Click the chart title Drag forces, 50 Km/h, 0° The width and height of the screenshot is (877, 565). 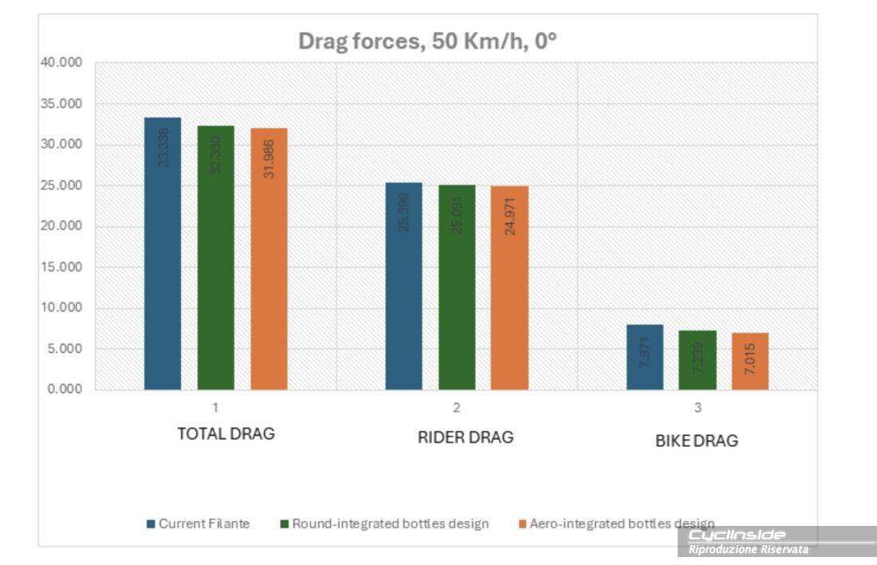[427, 41]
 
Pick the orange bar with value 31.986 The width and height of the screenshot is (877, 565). [269, 259]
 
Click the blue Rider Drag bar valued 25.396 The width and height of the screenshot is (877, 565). [403, 286]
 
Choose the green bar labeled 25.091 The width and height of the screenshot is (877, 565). [457, 287]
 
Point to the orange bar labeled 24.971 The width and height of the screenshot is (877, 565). [509, 288]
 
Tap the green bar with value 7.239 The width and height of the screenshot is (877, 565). [698, 360]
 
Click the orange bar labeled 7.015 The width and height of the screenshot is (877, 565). [750, 362]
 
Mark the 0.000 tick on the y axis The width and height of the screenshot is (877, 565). [65, 389]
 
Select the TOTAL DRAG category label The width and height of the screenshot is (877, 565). [226, 434]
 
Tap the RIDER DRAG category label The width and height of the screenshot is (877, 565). [466, 437]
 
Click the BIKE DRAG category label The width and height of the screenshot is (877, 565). [696, 441]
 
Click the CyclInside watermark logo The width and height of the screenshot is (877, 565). [737, 535]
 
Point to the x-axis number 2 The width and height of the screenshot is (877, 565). [457, 408]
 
